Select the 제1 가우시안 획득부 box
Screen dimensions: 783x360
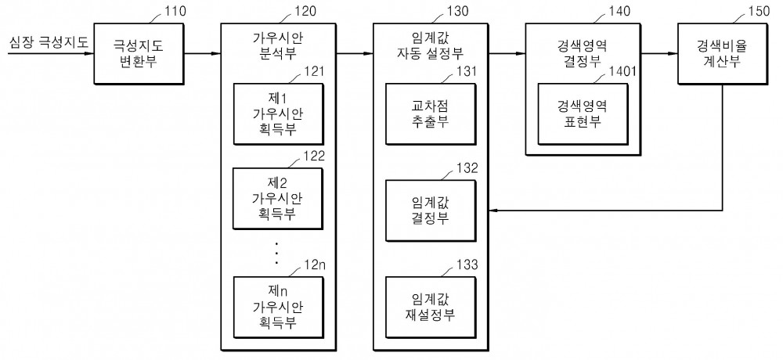(278, 114)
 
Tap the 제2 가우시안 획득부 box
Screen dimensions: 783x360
(278, 199)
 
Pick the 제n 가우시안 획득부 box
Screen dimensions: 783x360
(278, 307)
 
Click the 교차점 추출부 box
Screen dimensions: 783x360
(431, 114)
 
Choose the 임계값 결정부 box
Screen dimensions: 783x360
(431, 211)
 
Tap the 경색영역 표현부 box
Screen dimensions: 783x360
(583, 114)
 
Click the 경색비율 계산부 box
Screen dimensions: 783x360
(722, 53)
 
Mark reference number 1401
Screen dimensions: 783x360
(622, 72)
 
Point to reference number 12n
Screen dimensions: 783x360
(315, 265)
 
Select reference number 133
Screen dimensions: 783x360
(467, 265)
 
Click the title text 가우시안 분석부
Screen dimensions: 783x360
(278, 45)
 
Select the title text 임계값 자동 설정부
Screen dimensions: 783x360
(431, 45)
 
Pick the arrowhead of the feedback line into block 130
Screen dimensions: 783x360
(493, 211)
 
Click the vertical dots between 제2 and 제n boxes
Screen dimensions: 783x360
(276, 253)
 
